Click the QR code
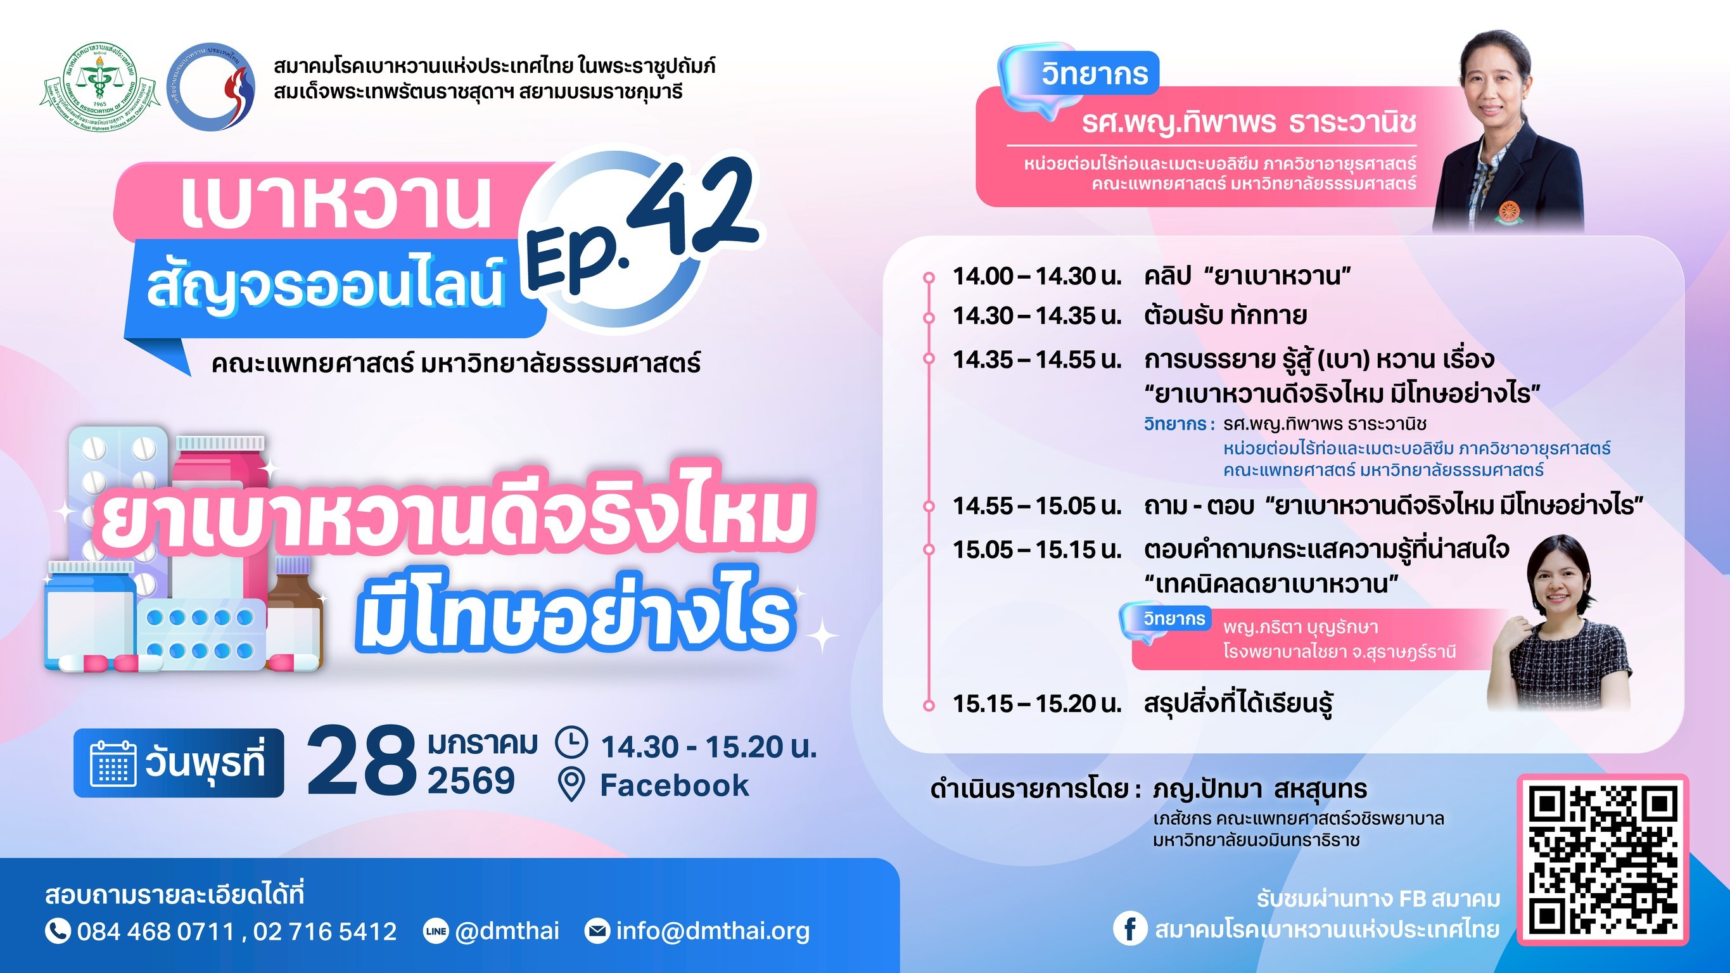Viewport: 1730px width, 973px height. pos(1603,860)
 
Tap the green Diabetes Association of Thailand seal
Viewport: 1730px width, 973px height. pos(99,86)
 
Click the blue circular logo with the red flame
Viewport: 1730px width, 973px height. pos(211,86)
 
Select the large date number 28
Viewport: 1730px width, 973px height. pos(361,761)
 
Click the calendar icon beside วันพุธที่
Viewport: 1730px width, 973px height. pos(113,763)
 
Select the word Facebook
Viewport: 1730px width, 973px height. pos(674,785)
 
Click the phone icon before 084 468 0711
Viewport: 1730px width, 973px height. pos(58,931)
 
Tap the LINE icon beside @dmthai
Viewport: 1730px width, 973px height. pos(436,931)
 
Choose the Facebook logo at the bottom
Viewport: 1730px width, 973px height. pos(1129,929)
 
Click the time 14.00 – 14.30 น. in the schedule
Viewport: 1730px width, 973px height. pos(1037,276)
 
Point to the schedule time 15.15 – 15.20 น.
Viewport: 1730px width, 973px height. pos(1037,703)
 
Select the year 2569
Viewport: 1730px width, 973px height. pos(471,780)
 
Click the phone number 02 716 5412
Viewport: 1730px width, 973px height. pos(325,931)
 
